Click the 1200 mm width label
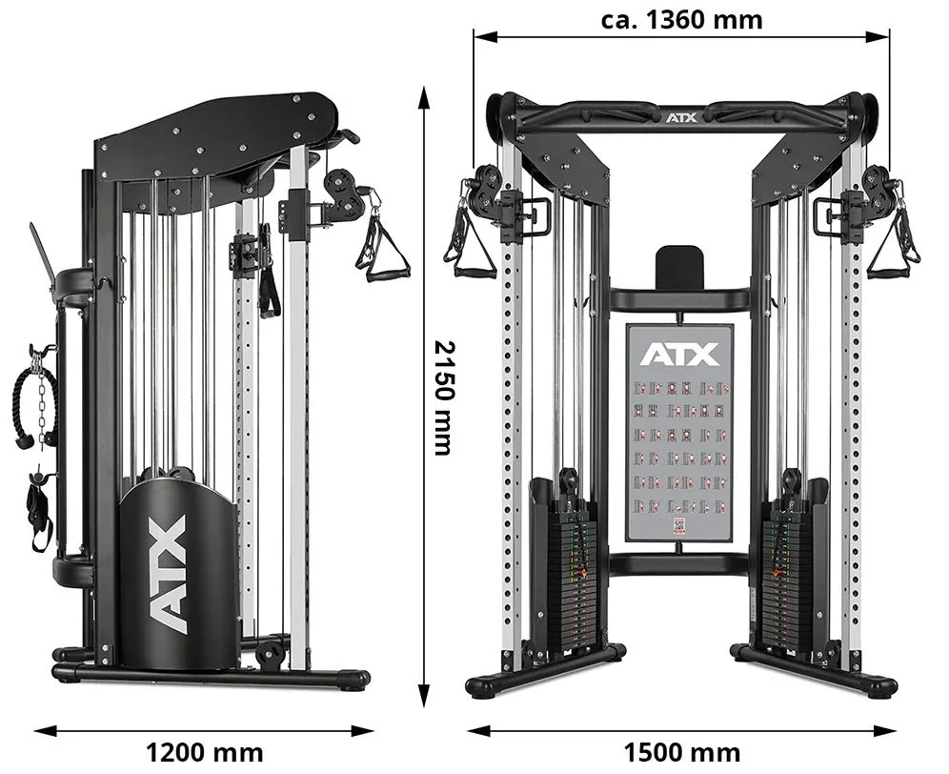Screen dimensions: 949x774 205,753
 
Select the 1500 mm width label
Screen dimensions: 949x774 682,753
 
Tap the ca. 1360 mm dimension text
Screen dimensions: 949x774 682,19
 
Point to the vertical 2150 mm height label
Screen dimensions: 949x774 444,397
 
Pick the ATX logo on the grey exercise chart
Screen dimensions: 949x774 679,355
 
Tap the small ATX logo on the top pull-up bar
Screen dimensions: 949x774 681,117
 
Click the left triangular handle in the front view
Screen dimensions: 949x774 469,242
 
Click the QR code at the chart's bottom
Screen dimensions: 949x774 679,525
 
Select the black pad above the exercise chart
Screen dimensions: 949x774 679,267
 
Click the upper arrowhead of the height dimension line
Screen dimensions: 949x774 424,93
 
